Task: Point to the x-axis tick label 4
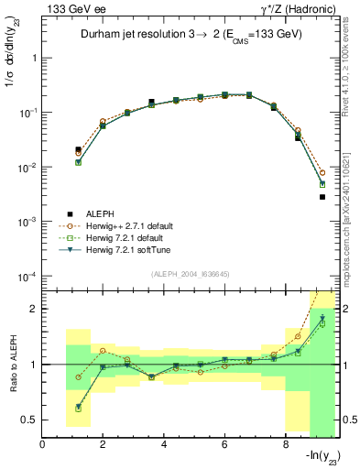(x=164, y=445)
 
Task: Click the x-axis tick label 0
(x=43, y=445)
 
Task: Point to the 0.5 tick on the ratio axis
(x=30, y=420)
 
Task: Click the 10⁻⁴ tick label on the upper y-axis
(x=27, y=277)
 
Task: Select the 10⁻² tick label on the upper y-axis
(x=27, y=168)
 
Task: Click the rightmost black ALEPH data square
(x=322, y=197)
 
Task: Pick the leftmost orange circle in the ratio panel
(x=79, y=376)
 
